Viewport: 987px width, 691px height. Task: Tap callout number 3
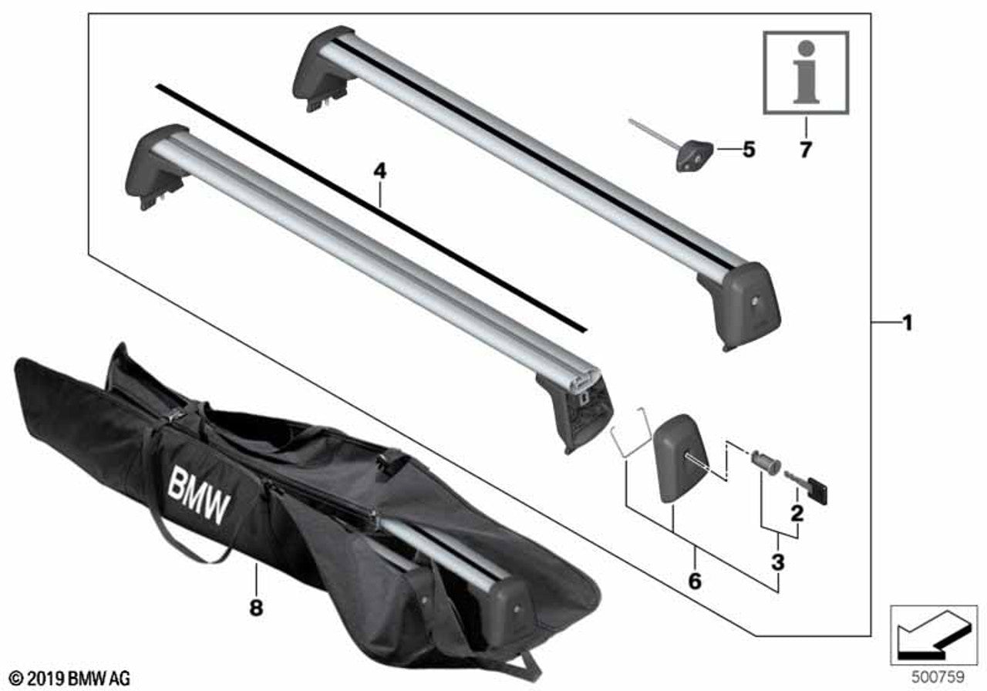pos(777,561)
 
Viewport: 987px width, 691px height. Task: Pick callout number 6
pos(694,580)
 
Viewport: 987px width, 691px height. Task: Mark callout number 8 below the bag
pos(255,608)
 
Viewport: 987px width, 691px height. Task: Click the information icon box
pos(805,72)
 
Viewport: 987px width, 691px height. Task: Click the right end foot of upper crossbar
pos(746,302)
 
